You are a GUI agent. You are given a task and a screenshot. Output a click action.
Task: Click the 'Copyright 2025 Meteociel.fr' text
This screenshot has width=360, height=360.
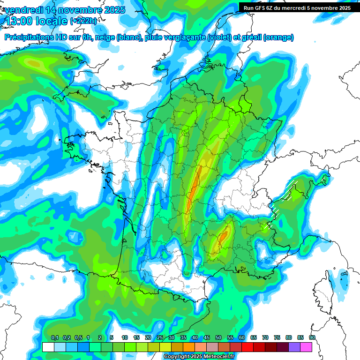point(199,357)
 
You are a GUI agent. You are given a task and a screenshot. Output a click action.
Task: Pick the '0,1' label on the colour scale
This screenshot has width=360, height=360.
point(55,338)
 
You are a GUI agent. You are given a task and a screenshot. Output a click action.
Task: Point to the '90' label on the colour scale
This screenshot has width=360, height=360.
point(312,338)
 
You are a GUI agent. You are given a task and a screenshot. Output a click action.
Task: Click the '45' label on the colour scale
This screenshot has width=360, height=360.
point(207,338)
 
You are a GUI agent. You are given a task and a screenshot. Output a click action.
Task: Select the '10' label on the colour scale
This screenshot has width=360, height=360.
point(125,338)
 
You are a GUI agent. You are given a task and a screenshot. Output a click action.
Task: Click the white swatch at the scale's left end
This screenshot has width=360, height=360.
point(48,347)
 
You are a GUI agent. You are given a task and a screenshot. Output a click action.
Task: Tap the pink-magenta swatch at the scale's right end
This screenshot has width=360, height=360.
point(306,347)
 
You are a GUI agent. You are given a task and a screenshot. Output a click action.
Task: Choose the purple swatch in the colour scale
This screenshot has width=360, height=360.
point(294,347)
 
